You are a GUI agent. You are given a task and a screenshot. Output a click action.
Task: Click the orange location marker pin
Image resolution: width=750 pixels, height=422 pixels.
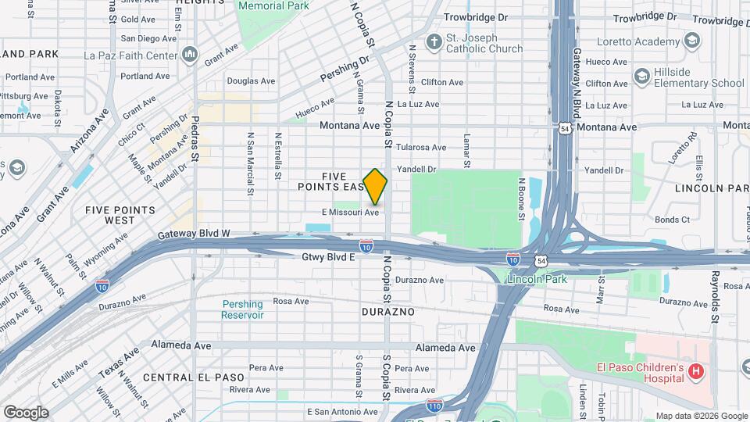pos(375,186)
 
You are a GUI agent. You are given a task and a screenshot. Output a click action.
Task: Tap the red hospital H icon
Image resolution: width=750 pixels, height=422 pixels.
pos(695,373)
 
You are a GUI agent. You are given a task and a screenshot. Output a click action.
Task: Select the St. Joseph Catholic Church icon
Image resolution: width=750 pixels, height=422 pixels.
pos(433,40)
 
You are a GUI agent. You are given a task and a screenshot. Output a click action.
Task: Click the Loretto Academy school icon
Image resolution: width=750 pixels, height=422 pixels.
pos(691,40)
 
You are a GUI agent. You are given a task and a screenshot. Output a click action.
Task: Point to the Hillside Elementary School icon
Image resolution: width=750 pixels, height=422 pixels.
pos(641,77)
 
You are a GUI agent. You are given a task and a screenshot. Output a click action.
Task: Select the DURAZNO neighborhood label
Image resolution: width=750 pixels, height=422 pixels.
pos(387,311)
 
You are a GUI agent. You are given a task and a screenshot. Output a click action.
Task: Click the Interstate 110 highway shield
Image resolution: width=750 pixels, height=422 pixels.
pos(435,405)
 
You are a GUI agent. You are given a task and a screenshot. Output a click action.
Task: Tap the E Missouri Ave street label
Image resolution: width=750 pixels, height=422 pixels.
pos(350,212)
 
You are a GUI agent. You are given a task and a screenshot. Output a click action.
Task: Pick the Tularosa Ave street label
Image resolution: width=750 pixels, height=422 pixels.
pos(421,147)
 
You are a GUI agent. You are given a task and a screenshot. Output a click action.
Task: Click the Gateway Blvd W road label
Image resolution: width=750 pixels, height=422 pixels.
pos(193,233)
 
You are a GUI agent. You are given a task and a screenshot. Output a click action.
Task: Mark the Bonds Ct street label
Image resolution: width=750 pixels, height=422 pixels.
pos(672,220)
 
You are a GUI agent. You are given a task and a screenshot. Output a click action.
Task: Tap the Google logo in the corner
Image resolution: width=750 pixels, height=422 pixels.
pos(26,412)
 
